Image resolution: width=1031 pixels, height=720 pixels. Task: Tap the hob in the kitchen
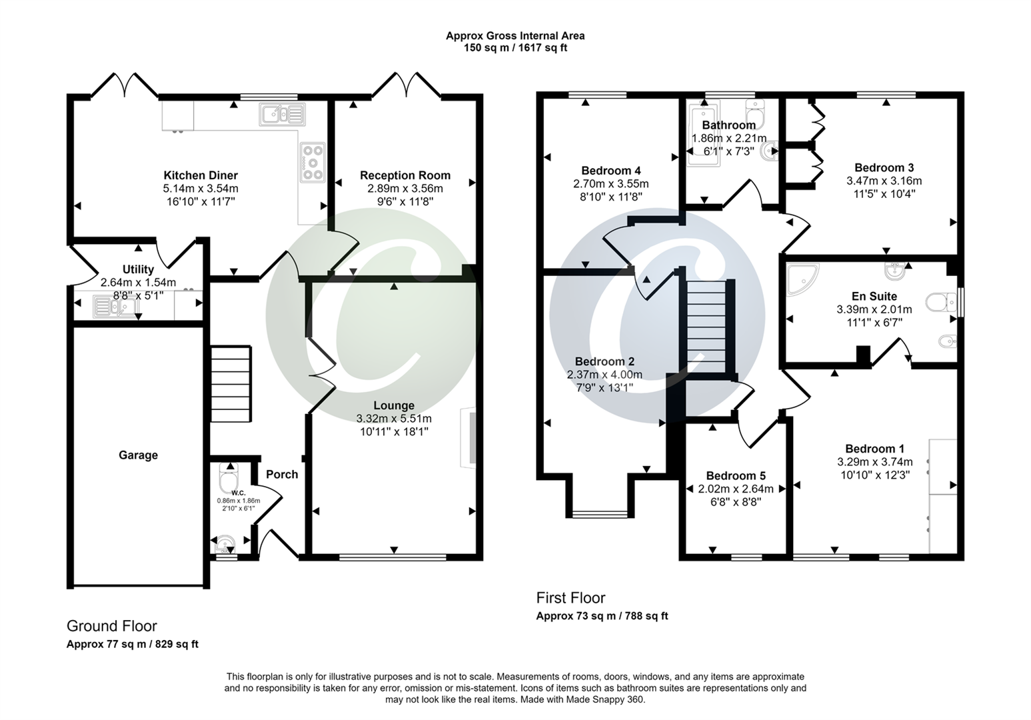click(x=312, y=161)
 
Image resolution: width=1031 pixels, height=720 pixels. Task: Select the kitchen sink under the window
click(x=282, y=115)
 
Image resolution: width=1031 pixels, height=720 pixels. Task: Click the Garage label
click(x=138, y=455)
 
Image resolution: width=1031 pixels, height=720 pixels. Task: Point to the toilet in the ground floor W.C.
click(x=229, y=480)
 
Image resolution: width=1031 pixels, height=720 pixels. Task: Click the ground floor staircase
click(x=231, y=383)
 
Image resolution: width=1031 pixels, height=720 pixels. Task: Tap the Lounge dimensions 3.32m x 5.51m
click(x=394, y=419)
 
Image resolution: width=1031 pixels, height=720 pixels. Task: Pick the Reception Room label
click(x=405, y=175)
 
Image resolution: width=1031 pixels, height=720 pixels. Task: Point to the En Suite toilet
click(x=941, y=303)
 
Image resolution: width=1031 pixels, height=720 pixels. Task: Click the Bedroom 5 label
click(x=736, y=475)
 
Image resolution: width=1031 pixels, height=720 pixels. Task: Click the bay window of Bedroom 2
click(x=599, y=513)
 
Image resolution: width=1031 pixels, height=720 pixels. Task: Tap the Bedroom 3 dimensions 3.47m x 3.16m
click(x=884, y=181)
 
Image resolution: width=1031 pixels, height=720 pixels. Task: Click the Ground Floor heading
click(x=112, y=626)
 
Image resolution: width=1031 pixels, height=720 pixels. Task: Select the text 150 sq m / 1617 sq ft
click(x=515, y=47)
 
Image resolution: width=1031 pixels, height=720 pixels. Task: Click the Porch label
click(x=282, y=474)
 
